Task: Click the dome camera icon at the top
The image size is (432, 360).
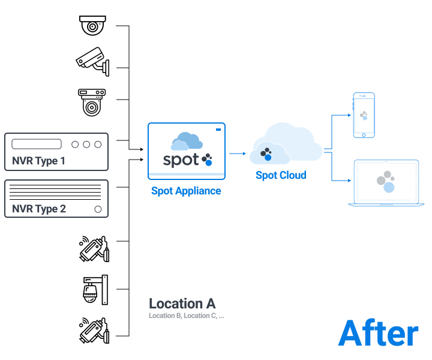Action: click(x=92, y=25)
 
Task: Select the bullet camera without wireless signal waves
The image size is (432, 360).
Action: click(x=93, y=62)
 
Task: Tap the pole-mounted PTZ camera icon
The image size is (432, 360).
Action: click(x=95, y=290)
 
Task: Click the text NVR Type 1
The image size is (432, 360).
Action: click(x=38, y=161)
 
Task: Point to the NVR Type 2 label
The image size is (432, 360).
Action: click(x=39, y=209)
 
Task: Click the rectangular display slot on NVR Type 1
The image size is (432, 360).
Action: click(x=37, y=144)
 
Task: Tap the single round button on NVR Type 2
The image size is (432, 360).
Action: click(x=98, y=209)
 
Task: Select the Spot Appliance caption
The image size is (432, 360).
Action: click(x=186, y=191)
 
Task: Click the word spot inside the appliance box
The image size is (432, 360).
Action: click(x=181, y=160)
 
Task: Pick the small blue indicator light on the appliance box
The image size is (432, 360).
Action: click(x=218, y=130)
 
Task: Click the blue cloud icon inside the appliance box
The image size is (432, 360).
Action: click(x=187, y=142)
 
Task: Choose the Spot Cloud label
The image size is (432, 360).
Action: click(x=281, y=175)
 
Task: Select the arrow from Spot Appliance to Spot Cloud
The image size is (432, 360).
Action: click(x=238, y=154)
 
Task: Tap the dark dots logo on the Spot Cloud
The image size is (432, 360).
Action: click(x=266, y=154)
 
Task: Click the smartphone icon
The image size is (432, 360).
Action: click(x=364, y=115)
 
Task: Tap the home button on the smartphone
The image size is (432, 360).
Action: click(x=364, y=135)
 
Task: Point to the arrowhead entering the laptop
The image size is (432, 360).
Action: click(x=349, y=181)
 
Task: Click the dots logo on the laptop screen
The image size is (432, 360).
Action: click(x=386, y=182)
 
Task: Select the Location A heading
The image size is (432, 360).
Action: click(x=182, y=304)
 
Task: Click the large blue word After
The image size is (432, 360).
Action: click(x=378, y=333)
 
